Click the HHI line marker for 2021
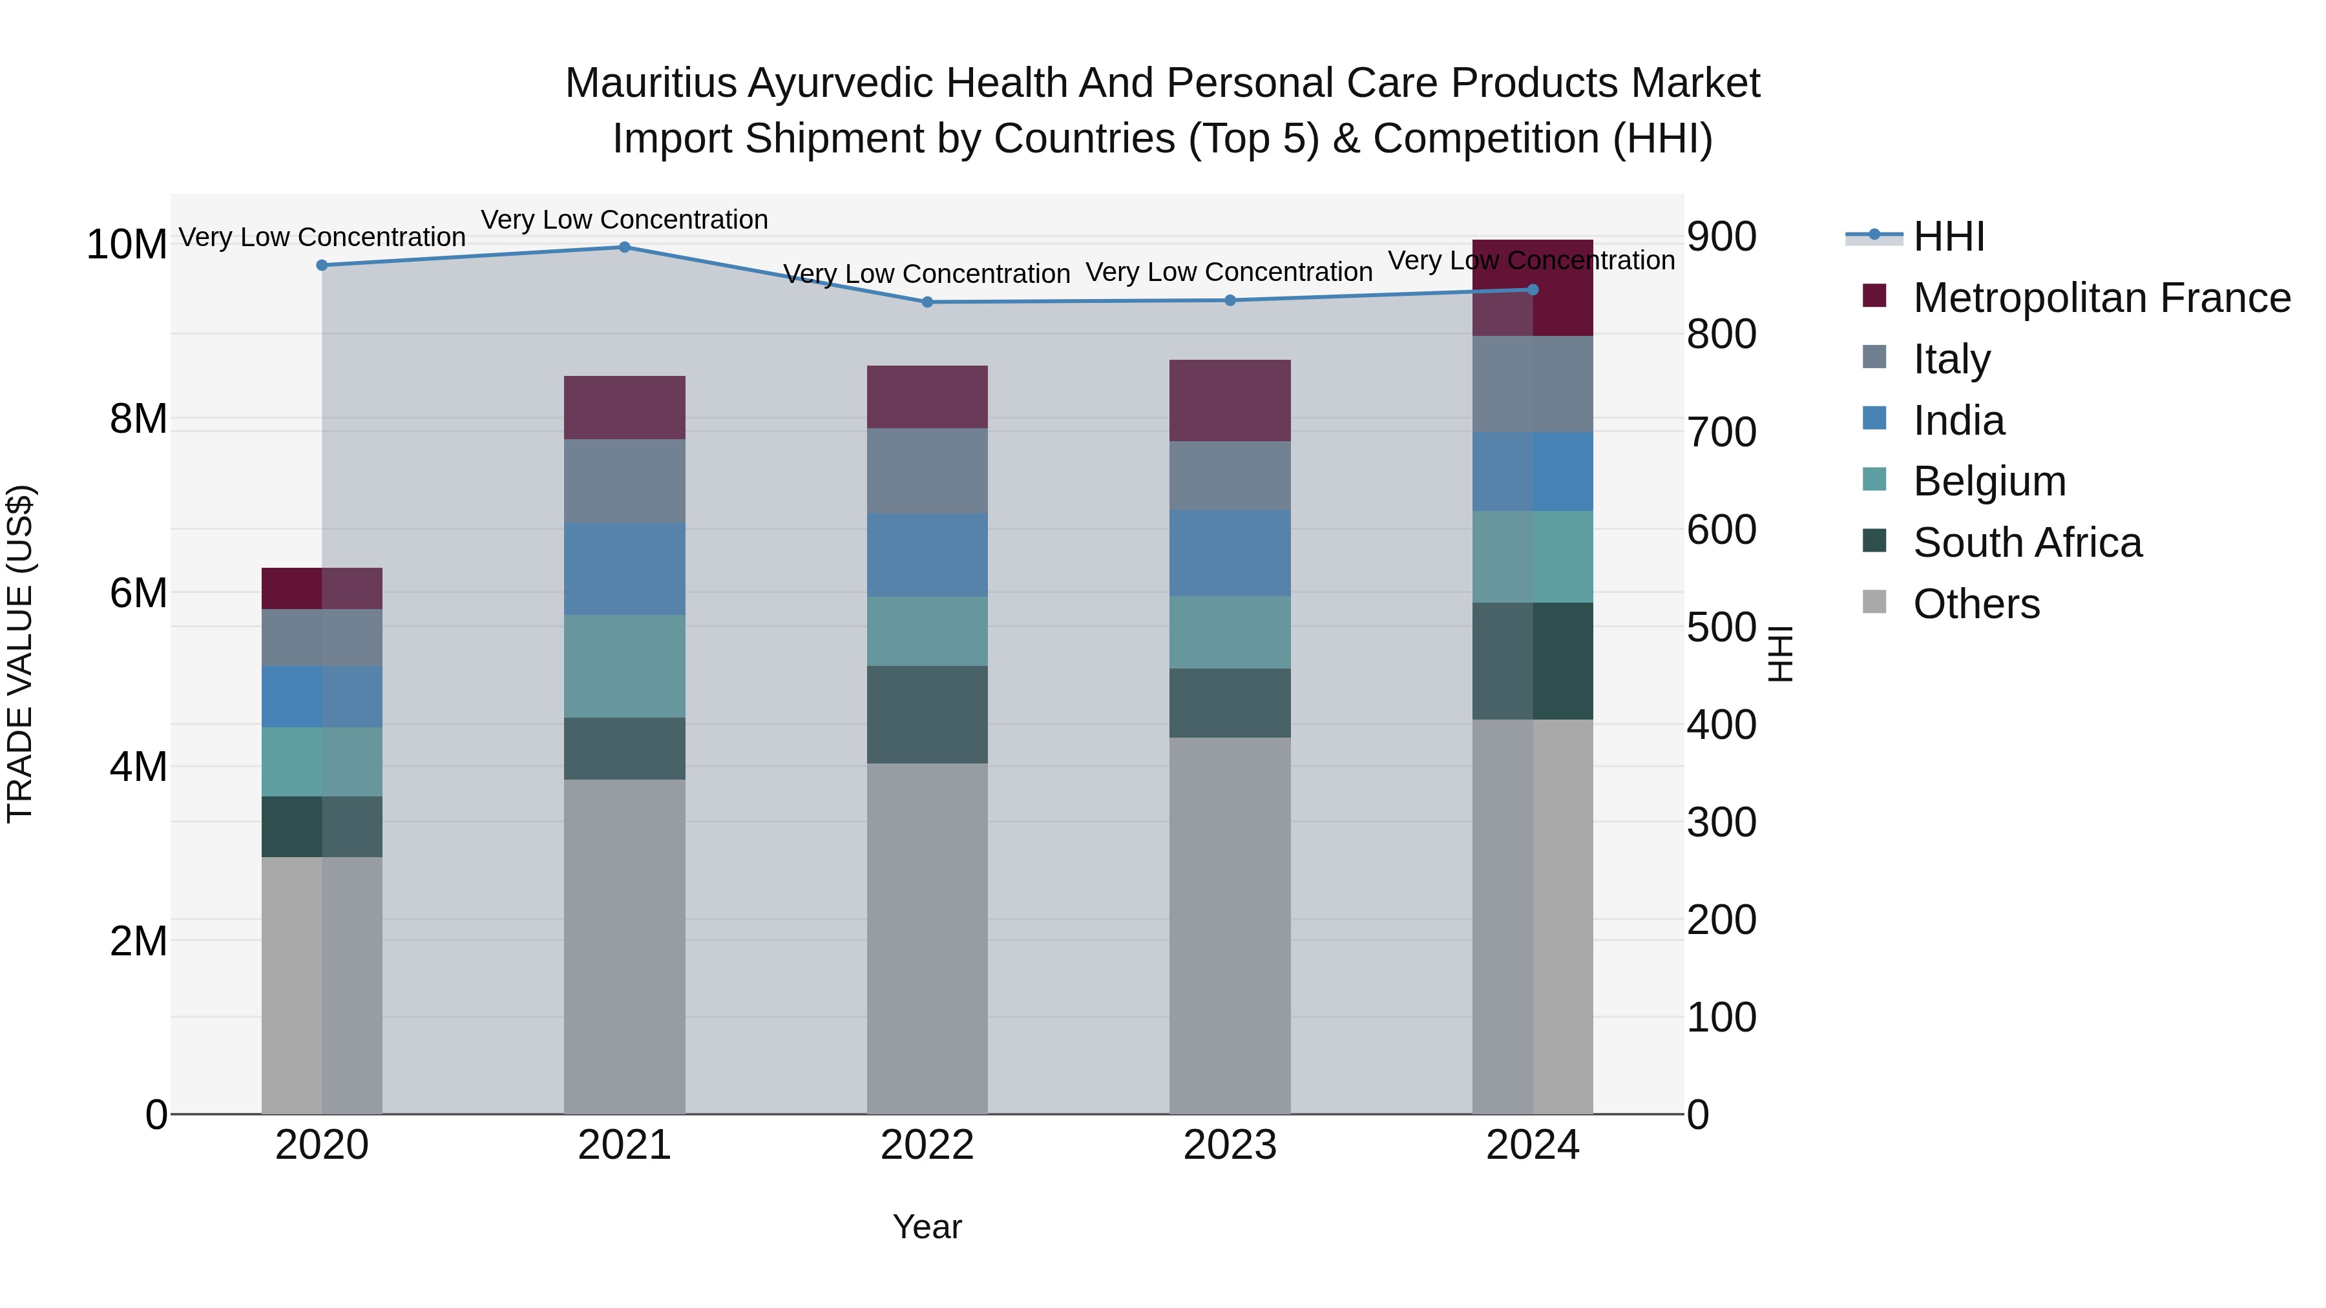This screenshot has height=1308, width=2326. tap(624, 247)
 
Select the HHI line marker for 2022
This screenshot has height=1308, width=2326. tap(927, 302)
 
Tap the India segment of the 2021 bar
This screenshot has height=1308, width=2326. tap(624, 568)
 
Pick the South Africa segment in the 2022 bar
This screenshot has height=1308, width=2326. tap(927, 715)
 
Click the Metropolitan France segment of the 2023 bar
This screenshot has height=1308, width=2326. tap(1230, 400)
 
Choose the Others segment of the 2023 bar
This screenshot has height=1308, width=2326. tap(1230, 925)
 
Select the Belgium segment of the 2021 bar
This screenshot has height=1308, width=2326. tap(624, 666)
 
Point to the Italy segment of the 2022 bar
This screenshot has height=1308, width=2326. tap(927, 472)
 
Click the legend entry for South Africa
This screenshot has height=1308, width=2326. tap(2026, 543)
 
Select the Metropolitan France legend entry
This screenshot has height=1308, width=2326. tap(2101, 298)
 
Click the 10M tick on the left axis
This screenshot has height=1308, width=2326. tap(127, 245)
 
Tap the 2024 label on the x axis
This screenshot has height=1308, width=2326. tap(1533, 1145)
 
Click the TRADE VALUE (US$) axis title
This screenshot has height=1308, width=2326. tap(20, 654)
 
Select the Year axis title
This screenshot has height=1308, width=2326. tap(927, 1227)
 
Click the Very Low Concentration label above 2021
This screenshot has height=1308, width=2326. tap(624, 220)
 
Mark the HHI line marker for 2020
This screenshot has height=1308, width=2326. tap(322, 265)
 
